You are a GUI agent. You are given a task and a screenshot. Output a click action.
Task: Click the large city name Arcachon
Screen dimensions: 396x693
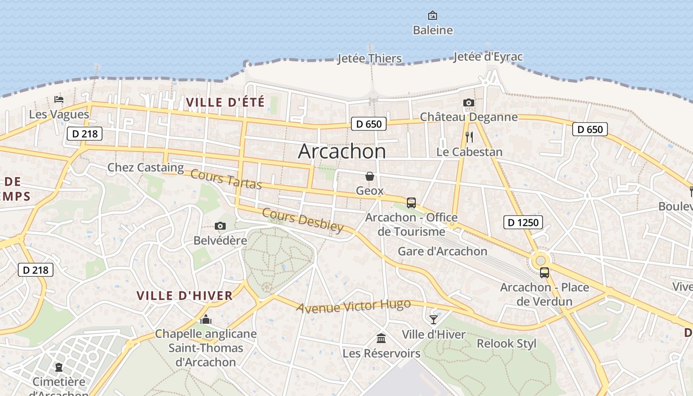click(x=342, y=151)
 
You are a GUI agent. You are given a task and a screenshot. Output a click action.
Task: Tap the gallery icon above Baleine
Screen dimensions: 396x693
click(x=433, y=15)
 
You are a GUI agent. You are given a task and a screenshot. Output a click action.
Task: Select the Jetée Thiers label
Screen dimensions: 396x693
click(x=369, y=58)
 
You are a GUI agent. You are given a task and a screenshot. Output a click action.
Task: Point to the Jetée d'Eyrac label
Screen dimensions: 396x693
click(x=488, y=57)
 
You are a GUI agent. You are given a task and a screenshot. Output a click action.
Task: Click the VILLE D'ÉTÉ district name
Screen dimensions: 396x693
click(x=225, y=102)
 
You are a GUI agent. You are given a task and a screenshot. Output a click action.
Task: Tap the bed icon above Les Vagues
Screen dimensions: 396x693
click(x=59, y=99)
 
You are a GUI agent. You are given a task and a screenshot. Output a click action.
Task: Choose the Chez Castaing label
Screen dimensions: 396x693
click(x=146, y=167)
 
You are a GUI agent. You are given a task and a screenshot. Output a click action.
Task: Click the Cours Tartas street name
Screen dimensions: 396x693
click(x=226, y=179)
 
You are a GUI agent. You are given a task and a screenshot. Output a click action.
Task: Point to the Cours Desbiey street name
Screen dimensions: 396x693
click(x=302, y=220)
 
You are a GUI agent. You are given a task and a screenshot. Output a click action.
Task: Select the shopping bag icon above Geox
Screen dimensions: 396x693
click(x=370, y=176)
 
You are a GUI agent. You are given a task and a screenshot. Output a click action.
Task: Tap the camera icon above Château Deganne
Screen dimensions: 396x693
click(x=468, y=103)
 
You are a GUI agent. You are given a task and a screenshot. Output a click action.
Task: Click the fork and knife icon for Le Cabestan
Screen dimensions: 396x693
click(x=469, y=137)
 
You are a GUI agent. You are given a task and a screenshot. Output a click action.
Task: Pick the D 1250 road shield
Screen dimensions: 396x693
click(x=523, y=222)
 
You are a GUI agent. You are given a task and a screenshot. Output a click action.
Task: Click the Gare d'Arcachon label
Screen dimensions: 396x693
click(x=443, y=251)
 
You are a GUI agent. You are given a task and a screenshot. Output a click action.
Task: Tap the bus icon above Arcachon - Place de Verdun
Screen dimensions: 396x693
click(x=544, y=273)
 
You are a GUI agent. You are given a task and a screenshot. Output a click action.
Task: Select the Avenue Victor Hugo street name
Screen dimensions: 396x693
click(x=353, y=306)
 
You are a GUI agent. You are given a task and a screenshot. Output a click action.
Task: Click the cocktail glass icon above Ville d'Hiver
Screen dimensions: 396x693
click(x=434, y=320)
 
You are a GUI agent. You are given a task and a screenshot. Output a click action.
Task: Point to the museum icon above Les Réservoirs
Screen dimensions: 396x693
click(x=381, y=339)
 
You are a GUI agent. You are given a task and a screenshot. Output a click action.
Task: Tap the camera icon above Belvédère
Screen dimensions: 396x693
click(x=220, y=226)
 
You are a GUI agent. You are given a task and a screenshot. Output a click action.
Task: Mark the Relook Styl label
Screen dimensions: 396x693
click(x=506, y=344)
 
